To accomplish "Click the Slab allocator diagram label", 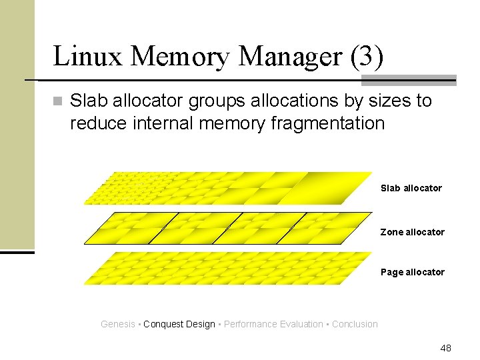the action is [411, 188].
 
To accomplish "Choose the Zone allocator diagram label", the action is [412, 232].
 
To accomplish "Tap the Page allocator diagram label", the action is [412, 272].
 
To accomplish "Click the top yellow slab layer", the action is [227, 188].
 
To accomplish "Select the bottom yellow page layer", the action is [227, 269].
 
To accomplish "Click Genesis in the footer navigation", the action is [117, 324].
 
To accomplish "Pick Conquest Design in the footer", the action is [179, 324].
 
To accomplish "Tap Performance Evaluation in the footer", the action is [273, 324].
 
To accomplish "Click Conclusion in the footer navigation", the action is [355, 324].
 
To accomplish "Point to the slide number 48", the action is [445, 348].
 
